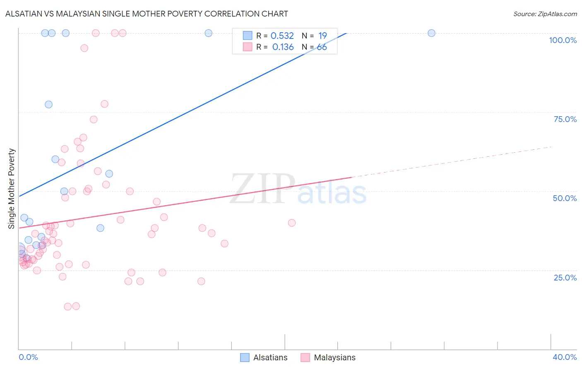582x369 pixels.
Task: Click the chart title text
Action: pyautogui.click(x=147, y=14)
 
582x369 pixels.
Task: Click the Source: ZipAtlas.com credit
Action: pyautogui.click(x=545, y=14)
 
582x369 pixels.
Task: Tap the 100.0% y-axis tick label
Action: pyautogui.click(x=563, y=40)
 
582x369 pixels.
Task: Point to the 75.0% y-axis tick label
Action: pyautogui.click(x=565, y=119)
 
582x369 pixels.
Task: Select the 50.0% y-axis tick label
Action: pyautogui.click(x=565, y=198)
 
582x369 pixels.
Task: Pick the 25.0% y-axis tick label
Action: pyautogui.click(x=565, y=278)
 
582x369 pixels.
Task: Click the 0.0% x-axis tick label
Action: pyautogui.click(x=29, y=357)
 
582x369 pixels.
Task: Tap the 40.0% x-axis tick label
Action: pyautogui.click(x=565, y=357)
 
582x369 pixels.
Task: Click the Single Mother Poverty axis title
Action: pyautogui.click(x=12, y=189)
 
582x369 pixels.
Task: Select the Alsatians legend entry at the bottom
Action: pyautogui.click(x=264, y=357)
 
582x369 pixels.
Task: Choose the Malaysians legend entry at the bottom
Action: pyautogui.click(x=328, y=357)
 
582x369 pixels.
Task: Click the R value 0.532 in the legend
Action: pyautogui.click(x=282, y=36)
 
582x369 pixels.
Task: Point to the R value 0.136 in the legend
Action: pyautogui.click(x=283, y=47)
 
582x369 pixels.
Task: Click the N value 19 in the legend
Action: pyautogui.click(x=322, y=36)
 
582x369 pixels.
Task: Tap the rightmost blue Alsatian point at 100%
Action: pyautogui.click(x=431, y=33)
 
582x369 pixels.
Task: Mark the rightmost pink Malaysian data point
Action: pyautogui.click(x=292, y=223)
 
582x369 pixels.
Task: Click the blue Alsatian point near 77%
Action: pyautogui.click(x=49, y=105)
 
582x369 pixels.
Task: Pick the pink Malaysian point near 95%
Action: pyautogui.click(x=84, y=48)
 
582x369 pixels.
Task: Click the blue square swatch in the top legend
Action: pyautogui.click(x=248, y=36)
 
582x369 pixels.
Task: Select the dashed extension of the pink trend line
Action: pyautogui.click(x=451, y=162)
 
